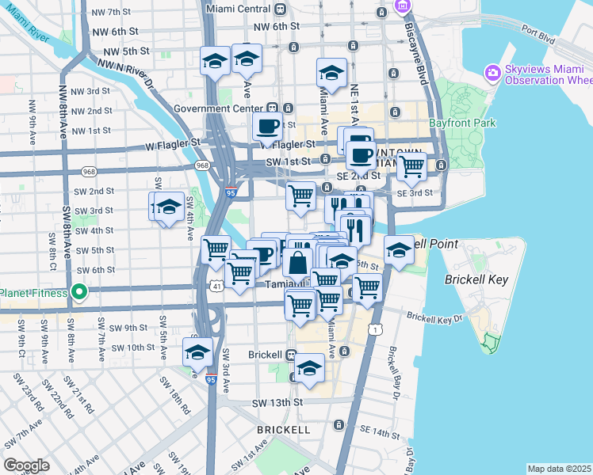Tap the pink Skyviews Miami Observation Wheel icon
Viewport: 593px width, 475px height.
[493, 73]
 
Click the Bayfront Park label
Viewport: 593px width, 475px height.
[461, 123]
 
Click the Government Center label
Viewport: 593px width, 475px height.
[220, 108]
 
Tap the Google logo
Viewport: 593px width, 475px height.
[26, 465]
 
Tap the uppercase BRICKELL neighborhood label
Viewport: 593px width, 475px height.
[283, 429]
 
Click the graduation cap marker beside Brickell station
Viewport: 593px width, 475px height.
[309, 368]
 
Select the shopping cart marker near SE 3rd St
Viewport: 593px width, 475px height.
[411, 167]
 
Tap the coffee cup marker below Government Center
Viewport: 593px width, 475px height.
[267, 125]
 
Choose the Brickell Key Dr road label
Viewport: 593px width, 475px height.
[434, 317]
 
